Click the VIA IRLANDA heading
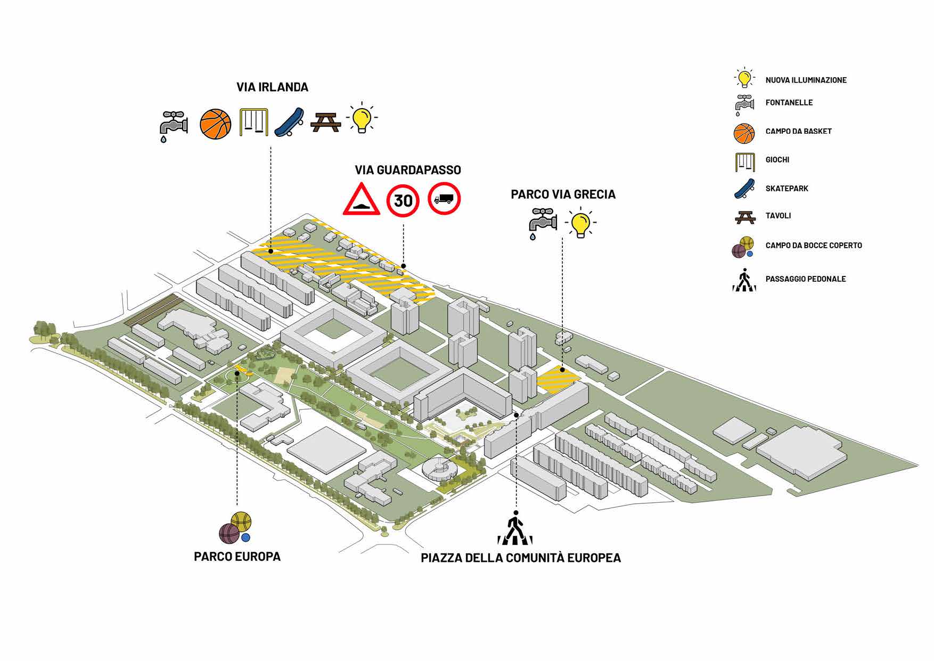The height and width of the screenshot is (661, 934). [272, 87]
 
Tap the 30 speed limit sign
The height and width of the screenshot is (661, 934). [403, 200]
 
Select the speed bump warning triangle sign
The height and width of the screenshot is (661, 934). [362, 200]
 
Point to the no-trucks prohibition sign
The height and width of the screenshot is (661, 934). [444, 199]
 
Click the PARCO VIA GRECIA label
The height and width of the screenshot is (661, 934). [563, 194]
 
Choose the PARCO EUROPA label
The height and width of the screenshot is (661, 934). [237, 557]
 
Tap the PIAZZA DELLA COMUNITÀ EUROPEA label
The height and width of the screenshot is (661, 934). [521, 558]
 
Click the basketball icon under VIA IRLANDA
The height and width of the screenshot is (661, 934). [216, 124]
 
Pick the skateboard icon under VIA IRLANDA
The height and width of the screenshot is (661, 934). [290, 123]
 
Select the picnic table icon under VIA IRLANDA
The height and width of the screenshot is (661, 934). [325, 123]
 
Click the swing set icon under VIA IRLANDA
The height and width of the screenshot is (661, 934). [253, 123]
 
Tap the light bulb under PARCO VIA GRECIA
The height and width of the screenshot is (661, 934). [580, 224]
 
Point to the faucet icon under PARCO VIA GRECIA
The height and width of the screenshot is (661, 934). [543, 223]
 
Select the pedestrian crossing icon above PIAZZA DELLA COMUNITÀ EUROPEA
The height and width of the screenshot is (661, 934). [514, 529]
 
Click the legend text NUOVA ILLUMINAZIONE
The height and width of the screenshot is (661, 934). [806, 80]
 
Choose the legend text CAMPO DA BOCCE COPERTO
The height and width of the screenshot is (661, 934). [813, 246]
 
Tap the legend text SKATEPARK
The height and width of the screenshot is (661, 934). [786, 189]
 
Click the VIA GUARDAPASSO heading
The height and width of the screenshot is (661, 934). [408, 170]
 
